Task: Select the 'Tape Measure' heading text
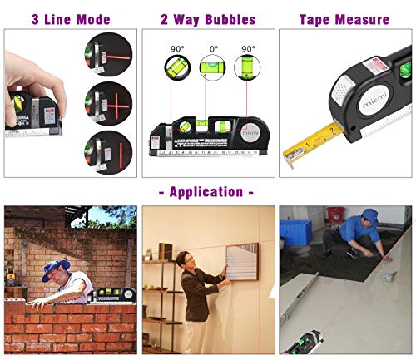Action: pyautogui.click(x=344, y=18)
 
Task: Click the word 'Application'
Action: pyautogui.click(x=207, y=192)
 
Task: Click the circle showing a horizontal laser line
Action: pyautogui.click(x=108, y=57)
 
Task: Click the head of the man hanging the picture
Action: pyautogui.click(x=189, y=259)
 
